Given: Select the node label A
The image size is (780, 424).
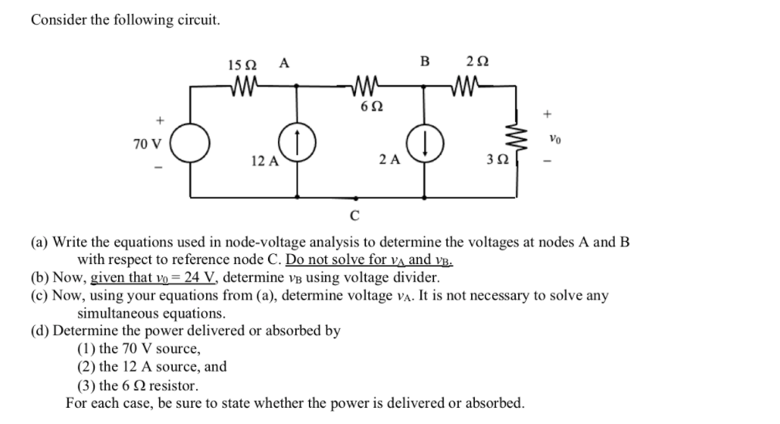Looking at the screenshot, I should click(284, 63).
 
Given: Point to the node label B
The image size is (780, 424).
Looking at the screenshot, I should click(423, 63).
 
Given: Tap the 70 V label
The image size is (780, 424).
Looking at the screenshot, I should click(147, 144).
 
